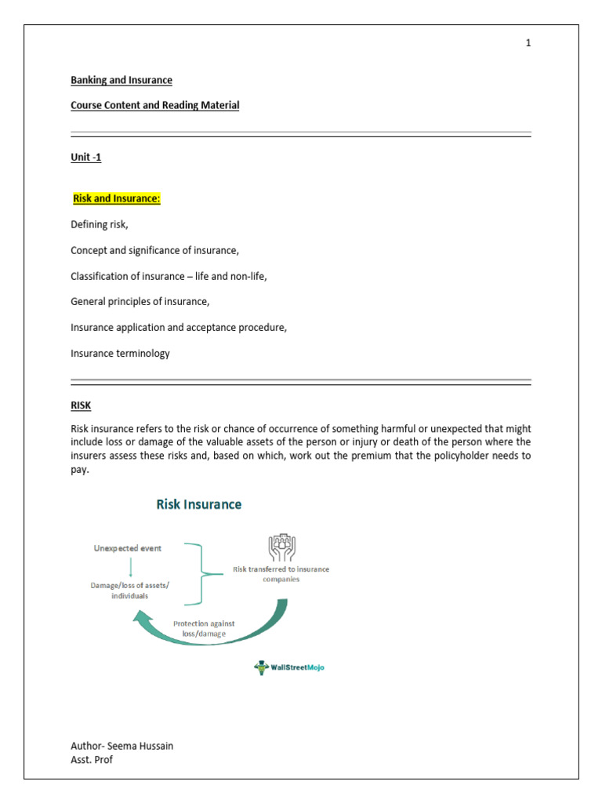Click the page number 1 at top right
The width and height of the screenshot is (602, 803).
[528, 43]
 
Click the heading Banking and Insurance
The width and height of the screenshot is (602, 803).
[121, 80]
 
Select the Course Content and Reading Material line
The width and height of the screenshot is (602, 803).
[154, 105]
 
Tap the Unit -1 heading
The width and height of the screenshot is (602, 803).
[86, 158]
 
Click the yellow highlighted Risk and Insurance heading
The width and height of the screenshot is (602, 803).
[116, 199]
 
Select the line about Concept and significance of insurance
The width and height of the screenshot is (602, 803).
[154, 251]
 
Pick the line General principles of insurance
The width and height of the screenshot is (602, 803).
[140, 302]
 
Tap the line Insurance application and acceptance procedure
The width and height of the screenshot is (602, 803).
[179, 328]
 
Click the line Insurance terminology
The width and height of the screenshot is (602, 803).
[120, 354]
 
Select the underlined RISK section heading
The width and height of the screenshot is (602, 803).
[81, 406]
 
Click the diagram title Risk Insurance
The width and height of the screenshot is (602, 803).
[199, 504]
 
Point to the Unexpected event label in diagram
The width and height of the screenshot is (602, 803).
[127, 548]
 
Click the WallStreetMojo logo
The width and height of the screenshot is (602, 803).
[289, 667]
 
